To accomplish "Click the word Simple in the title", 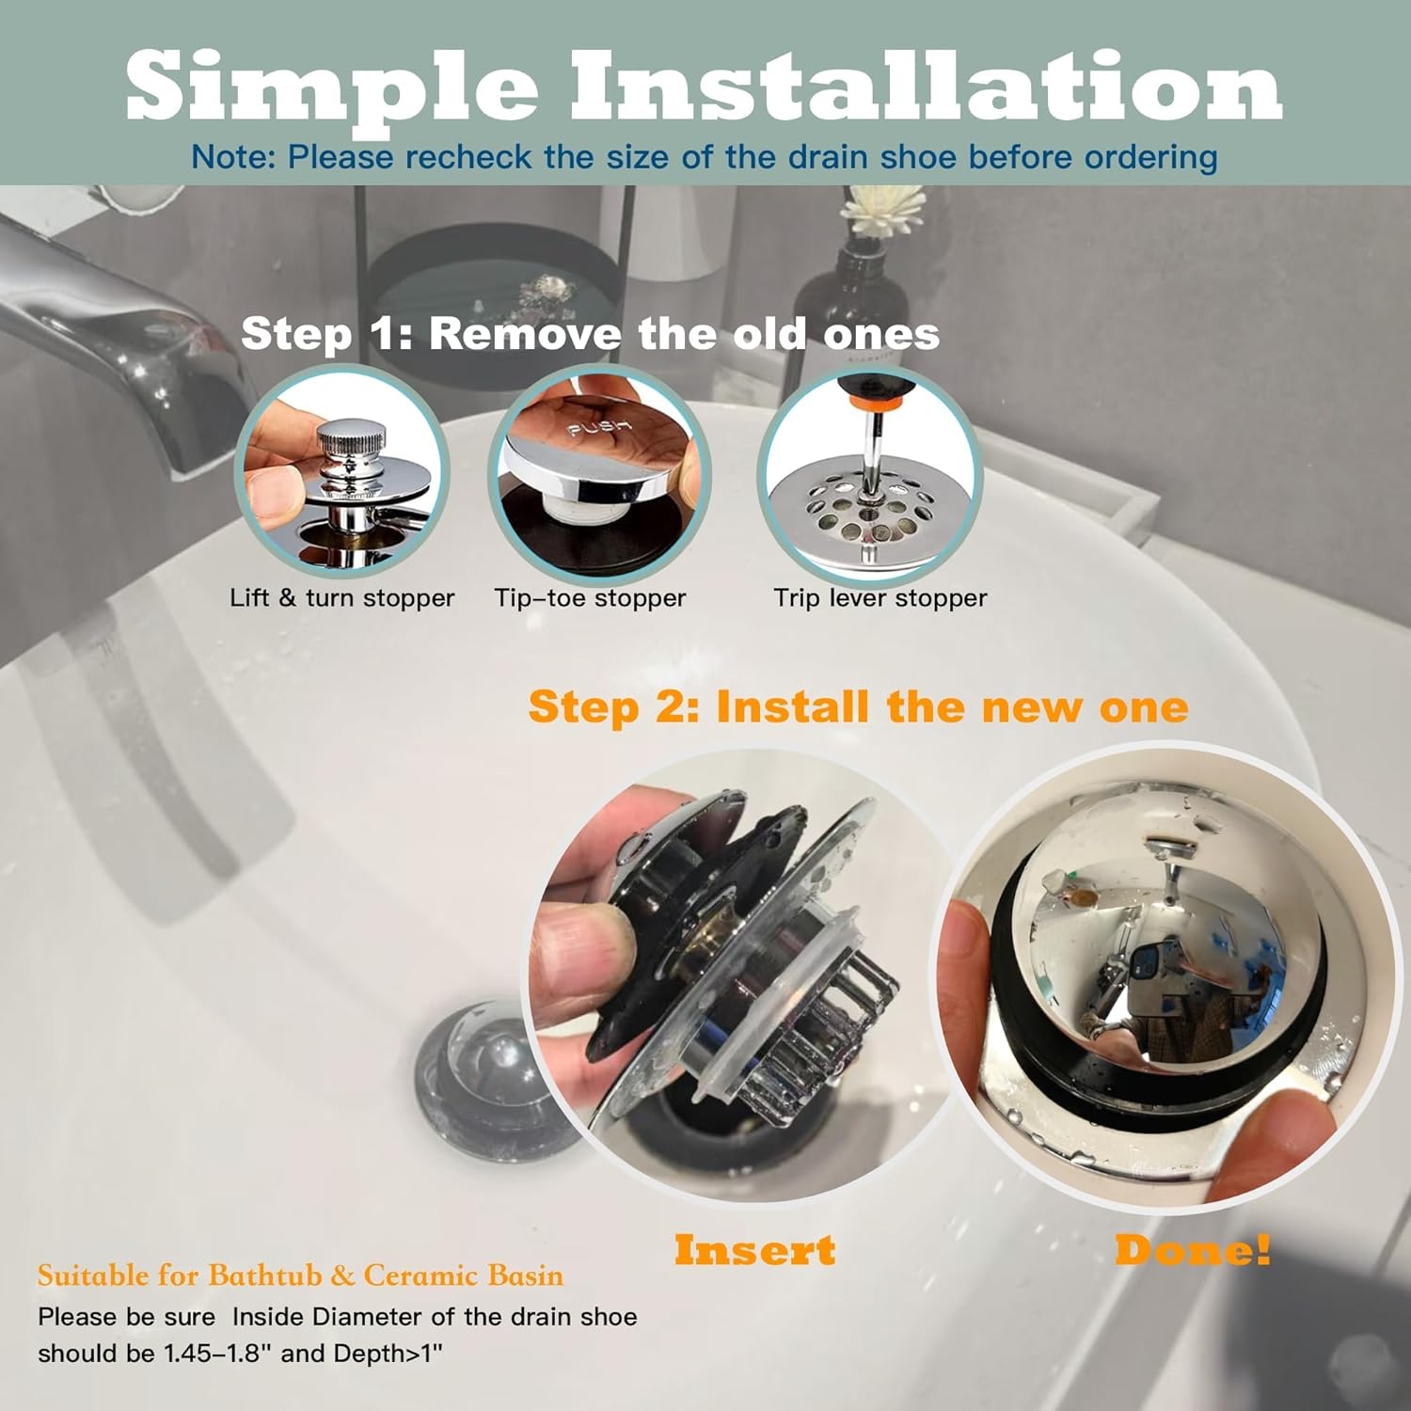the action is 332,86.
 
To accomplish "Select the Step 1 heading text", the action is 590,334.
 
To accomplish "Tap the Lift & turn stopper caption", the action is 342,598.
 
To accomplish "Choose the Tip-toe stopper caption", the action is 590,598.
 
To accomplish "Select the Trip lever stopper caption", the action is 880,598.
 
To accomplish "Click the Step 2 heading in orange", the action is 858,707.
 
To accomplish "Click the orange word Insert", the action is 754,1250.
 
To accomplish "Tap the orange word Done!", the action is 1193,1250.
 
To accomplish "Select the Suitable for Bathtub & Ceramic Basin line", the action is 300,1276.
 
